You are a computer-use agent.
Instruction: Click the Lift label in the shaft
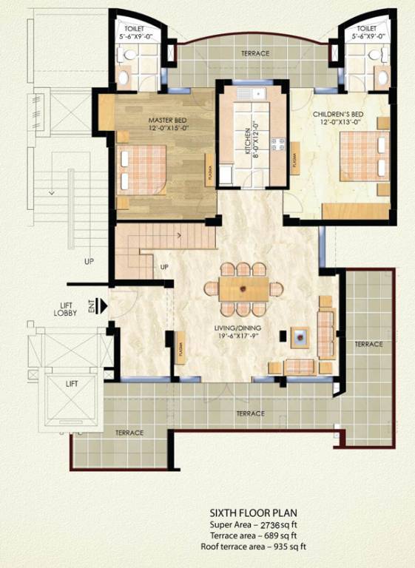(72, 383)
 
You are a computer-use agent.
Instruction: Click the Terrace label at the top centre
(255, 53)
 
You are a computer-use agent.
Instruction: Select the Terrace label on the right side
(368, 344)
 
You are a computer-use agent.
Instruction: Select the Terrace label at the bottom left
(129, 433)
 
